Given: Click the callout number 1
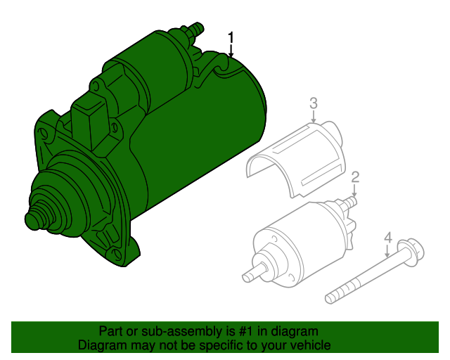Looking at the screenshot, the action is tap(231, 39).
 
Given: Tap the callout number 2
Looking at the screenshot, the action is tap(355, 177).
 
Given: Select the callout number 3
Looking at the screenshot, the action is tap(314, 103).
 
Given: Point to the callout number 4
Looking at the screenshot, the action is tap(387, 238).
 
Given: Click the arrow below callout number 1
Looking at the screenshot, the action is tap(231, 51).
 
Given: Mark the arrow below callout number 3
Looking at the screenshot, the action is tap(314, 117).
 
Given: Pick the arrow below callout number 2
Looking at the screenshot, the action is tap(354, 191).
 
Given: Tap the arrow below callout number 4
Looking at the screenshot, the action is tap(387, 252).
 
